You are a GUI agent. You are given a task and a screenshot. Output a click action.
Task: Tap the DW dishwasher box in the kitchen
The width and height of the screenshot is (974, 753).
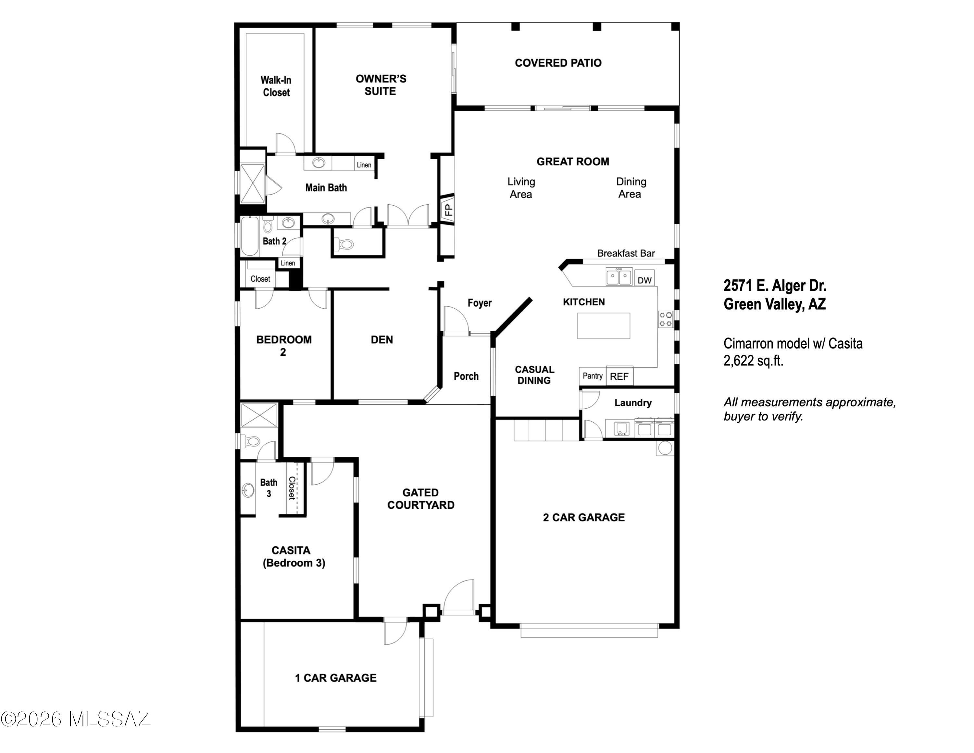pos(644,280)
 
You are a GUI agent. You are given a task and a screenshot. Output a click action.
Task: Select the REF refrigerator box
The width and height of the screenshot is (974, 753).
pos(619,376)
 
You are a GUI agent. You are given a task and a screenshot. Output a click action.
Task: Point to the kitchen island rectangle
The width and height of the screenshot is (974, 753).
pos(604,325)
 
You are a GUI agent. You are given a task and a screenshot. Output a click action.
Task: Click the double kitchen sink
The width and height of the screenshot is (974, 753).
pos(618,276)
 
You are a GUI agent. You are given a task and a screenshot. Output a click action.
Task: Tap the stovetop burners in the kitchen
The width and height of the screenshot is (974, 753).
pos(665,319)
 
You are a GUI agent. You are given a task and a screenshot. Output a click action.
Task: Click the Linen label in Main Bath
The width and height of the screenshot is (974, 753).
pos(364,165)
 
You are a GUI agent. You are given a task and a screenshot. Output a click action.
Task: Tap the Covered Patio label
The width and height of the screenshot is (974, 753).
pos(558,63)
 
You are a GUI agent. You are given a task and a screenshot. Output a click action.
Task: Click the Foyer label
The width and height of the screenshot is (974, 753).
pos(480,303)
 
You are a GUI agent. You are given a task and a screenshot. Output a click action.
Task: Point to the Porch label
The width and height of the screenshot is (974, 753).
pos(466,376)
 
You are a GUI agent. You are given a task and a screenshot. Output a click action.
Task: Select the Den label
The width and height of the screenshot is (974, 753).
pos(382,339)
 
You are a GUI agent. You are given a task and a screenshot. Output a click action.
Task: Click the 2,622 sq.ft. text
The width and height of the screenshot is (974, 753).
pos(753,361)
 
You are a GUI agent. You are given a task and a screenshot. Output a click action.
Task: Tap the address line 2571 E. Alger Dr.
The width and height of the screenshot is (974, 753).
pos(775,286)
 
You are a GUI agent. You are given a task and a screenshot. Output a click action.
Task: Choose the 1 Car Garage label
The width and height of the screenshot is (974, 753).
pos(335,678)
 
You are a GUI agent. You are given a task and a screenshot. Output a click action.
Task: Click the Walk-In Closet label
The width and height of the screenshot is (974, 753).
pos(276,86)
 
